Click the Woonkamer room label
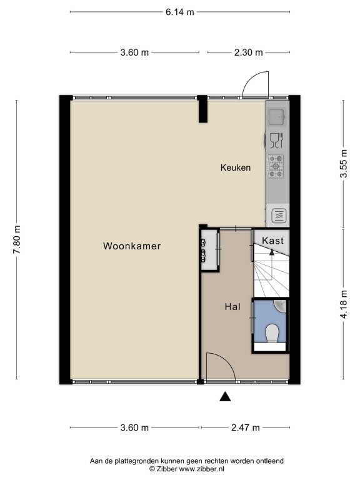pos(132,246)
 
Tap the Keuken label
pos(236,167)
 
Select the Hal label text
pos(232,307)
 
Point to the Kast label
pos(272,241)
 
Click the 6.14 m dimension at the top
pos(180,12)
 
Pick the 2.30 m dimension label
pos(248,52)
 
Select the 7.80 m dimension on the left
pos(16,239)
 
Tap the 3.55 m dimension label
pos(344,164)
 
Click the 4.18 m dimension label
pos(344,304)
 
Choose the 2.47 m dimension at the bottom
pos(245,427)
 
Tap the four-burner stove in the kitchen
pos(276,166)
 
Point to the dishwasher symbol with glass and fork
pos(277,141)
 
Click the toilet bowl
pos(272,333)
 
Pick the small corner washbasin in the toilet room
pos(281,306)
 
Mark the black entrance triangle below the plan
pos(225,396)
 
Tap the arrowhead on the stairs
pos(271,252)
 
